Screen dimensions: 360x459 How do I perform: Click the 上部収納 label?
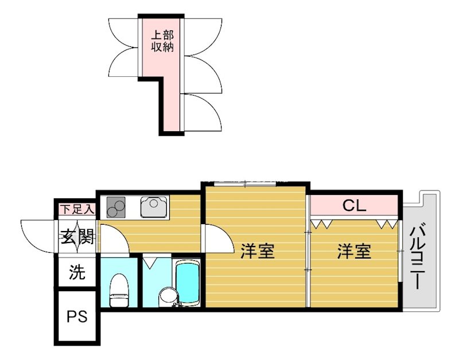[162, 41]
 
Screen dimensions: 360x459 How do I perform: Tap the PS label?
[77, 316]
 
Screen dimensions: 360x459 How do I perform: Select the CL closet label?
[354, 205]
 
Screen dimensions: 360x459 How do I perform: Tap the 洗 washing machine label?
[77, 273]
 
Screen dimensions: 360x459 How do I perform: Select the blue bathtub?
[187, 284]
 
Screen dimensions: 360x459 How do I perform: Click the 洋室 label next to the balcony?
[353, 251]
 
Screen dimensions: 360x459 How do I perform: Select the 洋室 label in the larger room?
[256, 251]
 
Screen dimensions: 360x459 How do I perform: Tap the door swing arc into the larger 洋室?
[217, 238]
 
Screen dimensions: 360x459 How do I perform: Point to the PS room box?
[77, 317]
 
